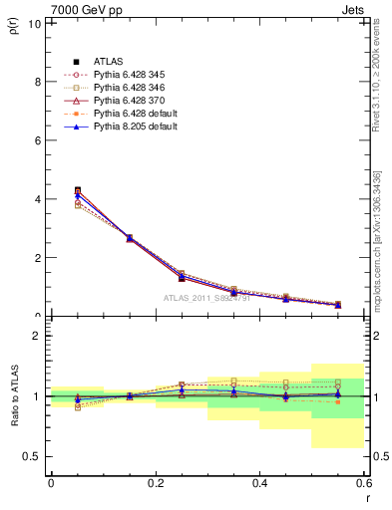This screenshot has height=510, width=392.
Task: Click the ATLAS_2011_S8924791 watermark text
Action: pos(206,298)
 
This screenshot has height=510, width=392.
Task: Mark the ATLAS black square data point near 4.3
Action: pos(78,190)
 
